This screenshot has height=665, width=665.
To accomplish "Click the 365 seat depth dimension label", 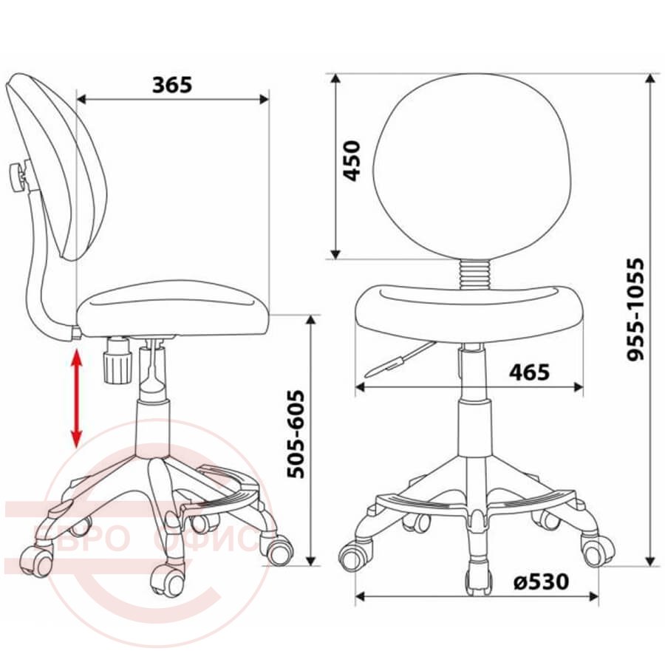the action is (x=172, y=85).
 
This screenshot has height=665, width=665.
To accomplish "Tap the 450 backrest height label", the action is (x=352, y=161).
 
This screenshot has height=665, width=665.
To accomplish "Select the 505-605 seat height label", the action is (x=296, y=434).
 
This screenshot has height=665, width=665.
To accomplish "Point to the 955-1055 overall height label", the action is (x=635, y=309).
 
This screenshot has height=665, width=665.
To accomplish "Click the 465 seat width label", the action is (x=529, y=372).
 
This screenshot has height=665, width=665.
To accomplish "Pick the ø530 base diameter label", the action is (x=541, y=582).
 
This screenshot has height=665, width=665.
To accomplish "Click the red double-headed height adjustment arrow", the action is (x=76, y=399).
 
